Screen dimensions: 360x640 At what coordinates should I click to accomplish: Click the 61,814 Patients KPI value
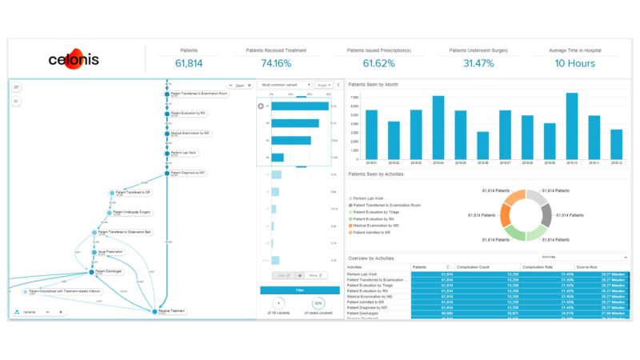tap(189, 63)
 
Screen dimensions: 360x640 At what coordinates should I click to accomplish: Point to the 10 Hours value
tap(575, 63)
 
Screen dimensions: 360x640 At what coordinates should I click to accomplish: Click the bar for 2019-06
tap(482, 148)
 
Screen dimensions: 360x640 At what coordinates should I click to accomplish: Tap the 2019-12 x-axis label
tap(616, 162)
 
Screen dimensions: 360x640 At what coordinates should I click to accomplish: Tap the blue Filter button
tap(299, 290)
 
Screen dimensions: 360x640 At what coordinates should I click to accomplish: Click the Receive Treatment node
tap(171, 310)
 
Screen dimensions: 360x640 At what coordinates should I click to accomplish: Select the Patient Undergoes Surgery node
tap(132, 213)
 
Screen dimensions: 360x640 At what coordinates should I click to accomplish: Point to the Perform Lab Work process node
tap(182, 153)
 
